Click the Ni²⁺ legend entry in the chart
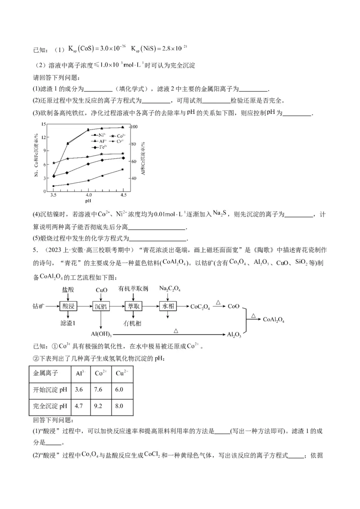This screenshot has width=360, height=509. pos(99,134)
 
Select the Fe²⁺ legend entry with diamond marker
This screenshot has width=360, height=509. pos(100,147)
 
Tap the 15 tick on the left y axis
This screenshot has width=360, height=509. pos(44,124)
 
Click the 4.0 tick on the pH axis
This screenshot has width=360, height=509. pos(89,195)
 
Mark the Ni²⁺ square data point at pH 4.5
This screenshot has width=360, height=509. pos(123,170)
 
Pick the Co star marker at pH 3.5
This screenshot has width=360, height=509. pos(54,163)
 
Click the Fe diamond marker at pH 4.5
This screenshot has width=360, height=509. pos(123,158)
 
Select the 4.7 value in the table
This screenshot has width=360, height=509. pos(79,406)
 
